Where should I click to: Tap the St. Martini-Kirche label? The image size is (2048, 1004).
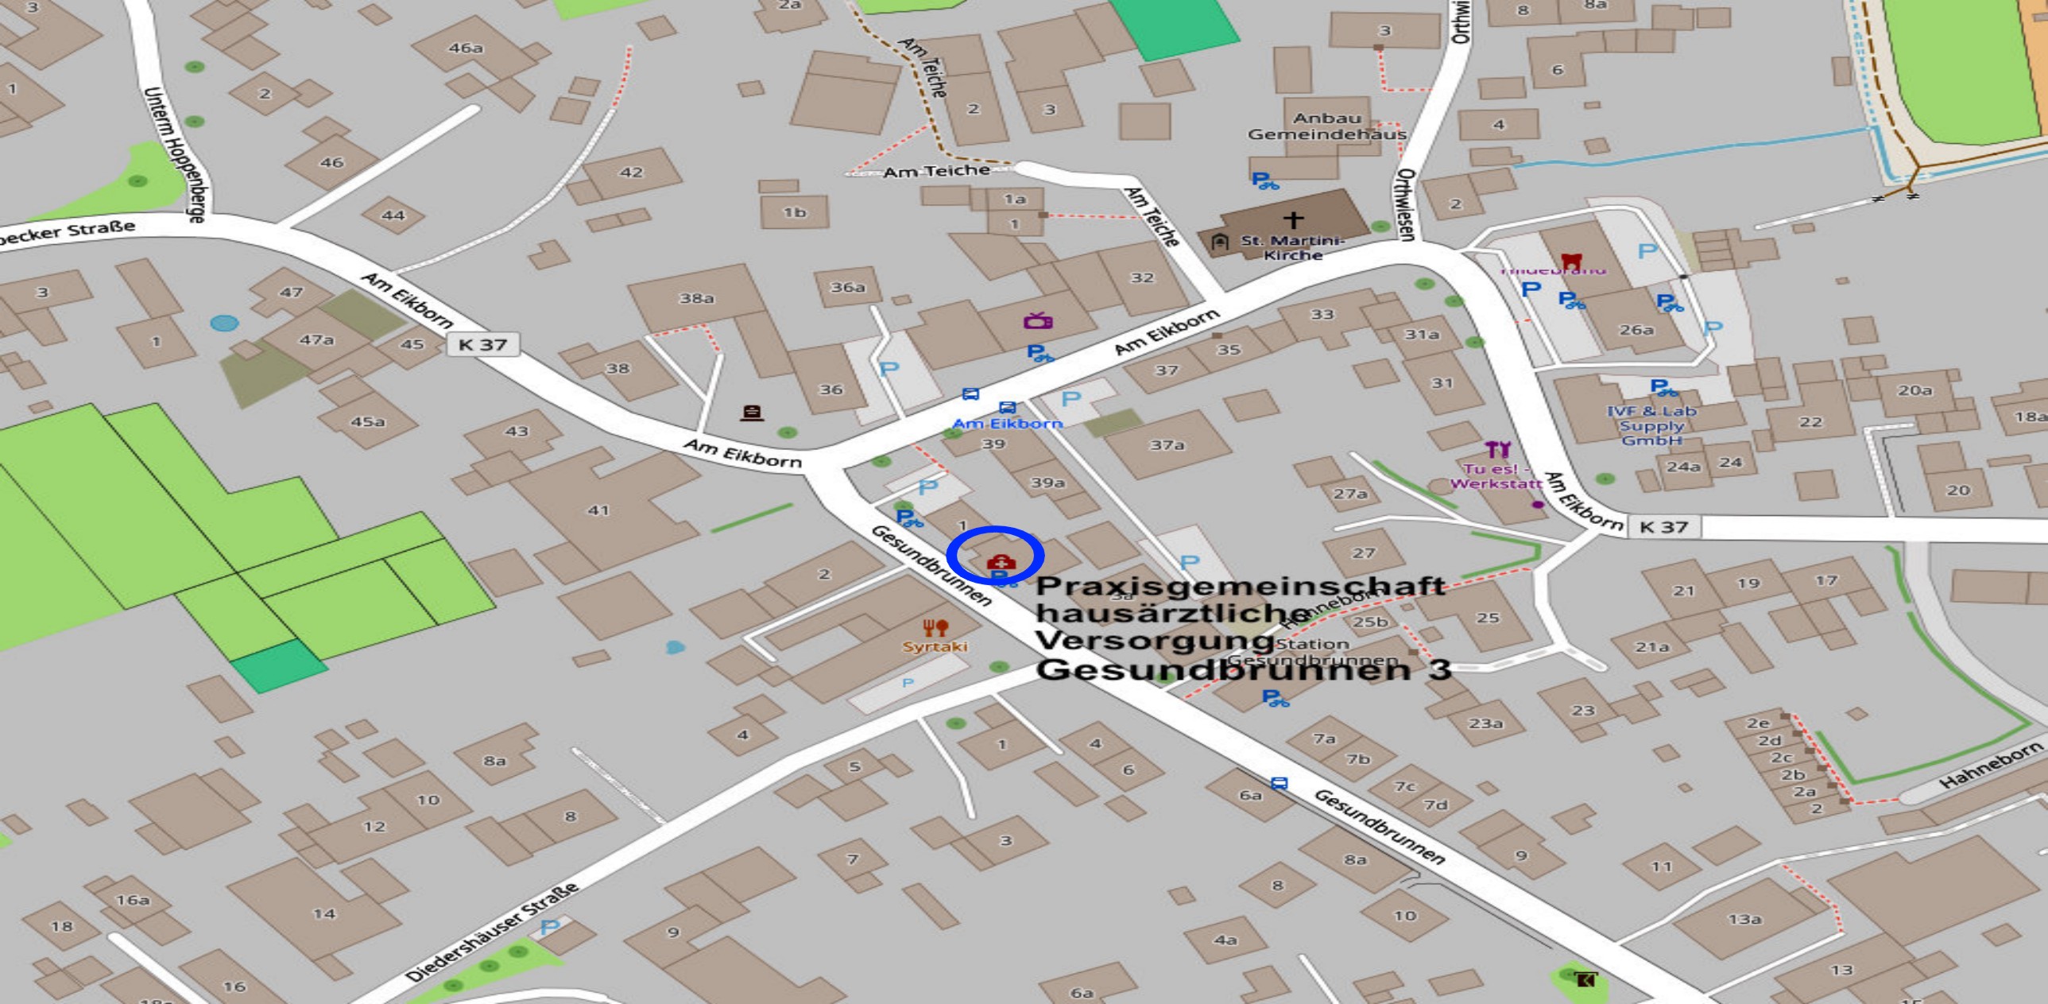[x=1292, y=247]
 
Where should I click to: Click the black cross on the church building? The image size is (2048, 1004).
[x=1294, y=219]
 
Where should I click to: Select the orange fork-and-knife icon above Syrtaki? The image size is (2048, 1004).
[x=935, y=628]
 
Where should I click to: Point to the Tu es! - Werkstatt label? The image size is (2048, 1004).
[x=1496, y=475]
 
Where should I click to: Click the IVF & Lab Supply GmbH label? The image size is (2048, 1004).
[x=1651, y=425]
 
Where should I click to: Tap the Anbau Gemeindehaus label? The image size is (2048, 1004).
[x=1327, y=126]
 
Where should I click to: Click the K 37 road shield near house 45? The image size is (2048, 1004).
[x=482, y=344]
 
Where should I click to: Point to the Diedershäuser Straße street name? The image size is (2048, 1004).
[x=492, y=932]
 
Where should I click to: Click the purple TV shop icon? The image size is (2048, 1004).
[x=1038, y=321]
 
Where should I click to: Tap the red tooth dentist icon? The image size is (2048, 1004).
[x=1571, y=260]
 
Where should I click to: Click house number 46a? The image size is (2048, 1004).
[x=466, y=48]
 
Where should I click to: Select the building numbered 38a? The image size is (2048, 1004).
[x=696, y=299]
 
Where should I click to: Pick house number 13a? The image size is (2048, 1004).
[x=1744, y=919]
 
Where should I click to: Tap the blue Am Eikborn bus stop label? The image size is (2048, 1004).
[x=1006, y=423]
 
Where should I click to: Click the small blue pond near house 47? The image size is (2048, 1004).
[x=224, y=323]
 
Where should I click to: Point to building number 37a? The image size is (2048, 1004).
[x=1167, y=445]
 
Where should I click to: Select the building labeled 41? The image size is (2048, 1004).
[x=598, y=510]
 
